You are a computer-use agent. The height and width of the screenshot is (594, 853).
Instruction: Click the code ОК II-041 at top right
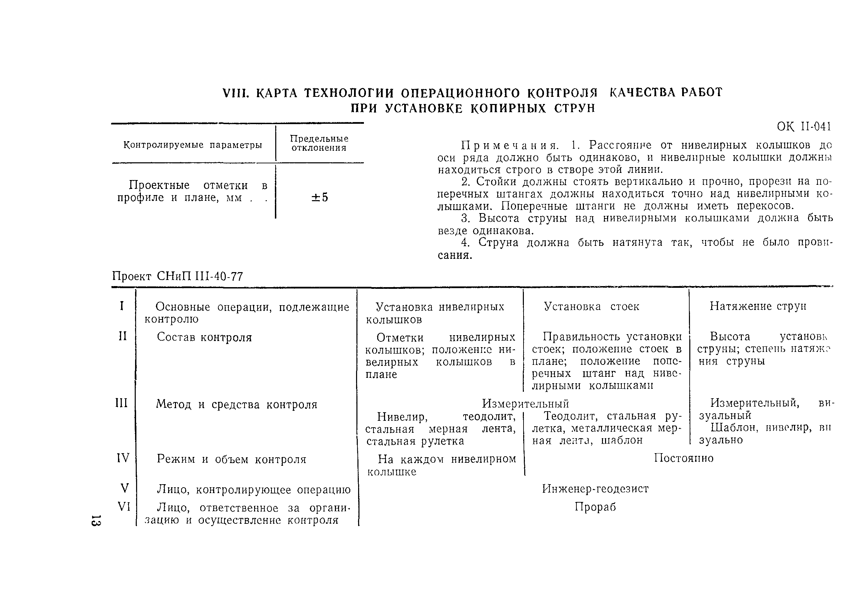[804, 127]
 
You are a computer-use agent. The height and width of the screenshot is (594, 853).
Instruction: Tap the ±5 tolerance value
[320, 197]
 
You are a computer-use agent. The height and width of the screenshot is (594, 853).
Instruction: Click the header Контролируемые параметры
[192, 145]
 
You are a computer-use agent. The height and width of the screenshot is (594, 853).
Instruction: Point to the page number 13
[96, 520]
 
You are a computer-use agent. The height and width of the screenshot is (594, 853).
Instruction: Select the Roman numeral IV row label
[123, 458]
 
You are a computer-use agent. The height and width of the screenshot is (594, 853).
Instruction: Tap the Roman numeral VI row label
[124, 506]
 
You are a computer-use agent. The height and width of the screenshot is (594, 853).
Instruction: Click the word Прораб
[595, 507]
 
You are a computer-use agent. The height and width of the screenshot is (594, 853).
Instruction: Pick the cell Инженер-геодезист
[595, 489]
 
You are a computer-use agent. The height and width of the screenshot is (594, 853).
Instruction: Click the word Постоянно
[683, 458]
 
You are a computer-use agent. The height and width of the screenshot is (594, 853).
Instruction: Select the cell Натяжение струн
[758, 306]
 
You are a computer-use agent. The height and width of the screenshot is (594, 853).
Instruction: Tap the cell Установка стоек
[591, 307]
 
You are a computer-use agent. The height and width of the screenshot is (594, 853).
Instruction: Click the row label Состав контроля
[204, 337]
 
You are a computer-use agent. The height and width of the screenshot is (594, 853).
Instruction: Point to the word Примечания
[510, 145]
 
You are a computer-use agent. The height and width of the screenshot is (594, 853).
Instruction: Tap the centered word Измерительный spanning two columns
[525, 403]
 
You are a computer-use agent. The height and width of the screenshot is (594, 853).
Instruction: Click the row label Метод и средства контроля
[237, 404]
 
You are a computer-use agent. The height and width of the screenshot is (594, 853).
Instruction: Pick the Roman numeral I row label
[122, 306]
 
